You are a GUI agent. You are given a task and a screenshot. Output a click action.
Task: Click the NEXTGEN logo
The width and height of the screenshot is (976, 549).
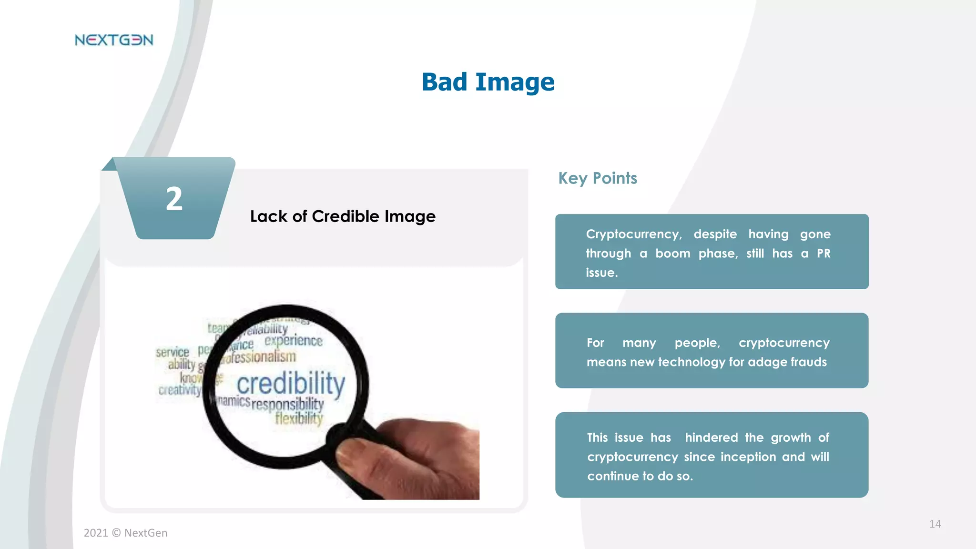click(114, 40)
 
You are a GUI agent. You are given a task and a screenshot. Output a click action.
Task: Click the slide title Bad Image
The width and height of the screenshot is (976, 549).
click(488, 82)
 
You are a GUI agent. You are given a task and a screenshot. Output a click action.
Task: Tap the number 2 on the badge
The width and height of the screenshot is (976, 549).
click(174, 199)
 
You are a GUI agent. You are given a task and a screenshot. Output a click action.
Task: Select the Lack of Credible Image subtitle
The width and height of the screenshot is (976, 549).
click(343, 216)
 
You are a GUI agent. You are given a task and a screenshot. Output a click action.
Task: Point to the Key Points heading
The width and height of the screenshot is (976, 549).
click(598, 178)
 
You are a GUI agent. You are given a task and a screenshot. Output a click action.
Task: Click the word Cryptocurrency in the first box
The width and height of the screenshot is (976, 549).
click(634, 234)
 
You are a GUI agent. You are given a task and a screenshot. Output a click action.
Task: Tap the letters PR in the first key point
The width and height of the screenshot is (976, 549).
click(823, 253)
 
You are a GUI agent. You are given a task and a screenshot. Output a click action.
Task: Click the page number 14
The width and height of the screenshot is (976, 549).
click(935, 524)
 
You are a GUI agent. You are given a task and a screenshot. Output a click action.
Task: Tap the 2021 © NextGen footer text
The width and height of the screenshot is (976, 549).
click(125, 533)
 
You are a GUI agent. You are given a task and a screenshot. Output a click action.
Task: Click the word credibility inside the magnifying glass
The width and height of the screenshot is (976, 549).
click(291, 384)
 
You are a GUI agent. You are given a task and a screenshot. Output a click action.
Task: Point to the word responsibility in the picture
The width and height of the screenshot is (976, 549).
click(287, 404)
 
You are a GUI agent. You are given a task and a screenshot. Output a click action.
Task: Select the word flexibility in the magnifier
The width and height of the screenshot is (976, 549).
click(299, 418)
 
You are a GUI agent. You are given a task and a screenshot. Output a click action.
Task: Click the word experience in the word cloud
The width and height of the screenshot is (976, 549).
click(294, 340)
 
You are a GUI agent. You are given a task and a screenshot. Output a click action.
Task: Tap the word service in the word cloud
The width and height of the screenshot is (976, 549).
click(173, 352)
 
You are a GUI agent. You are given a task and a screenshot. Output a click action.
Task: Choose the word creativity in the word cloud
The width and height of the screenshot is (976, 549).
click(180, 390)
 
